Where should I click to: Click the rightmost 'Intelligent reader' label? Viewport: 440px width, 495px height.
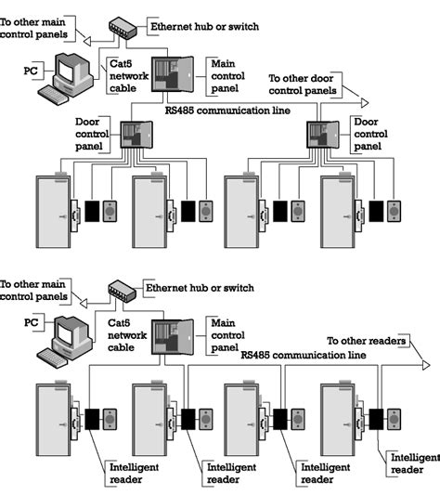pos(414,463)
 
